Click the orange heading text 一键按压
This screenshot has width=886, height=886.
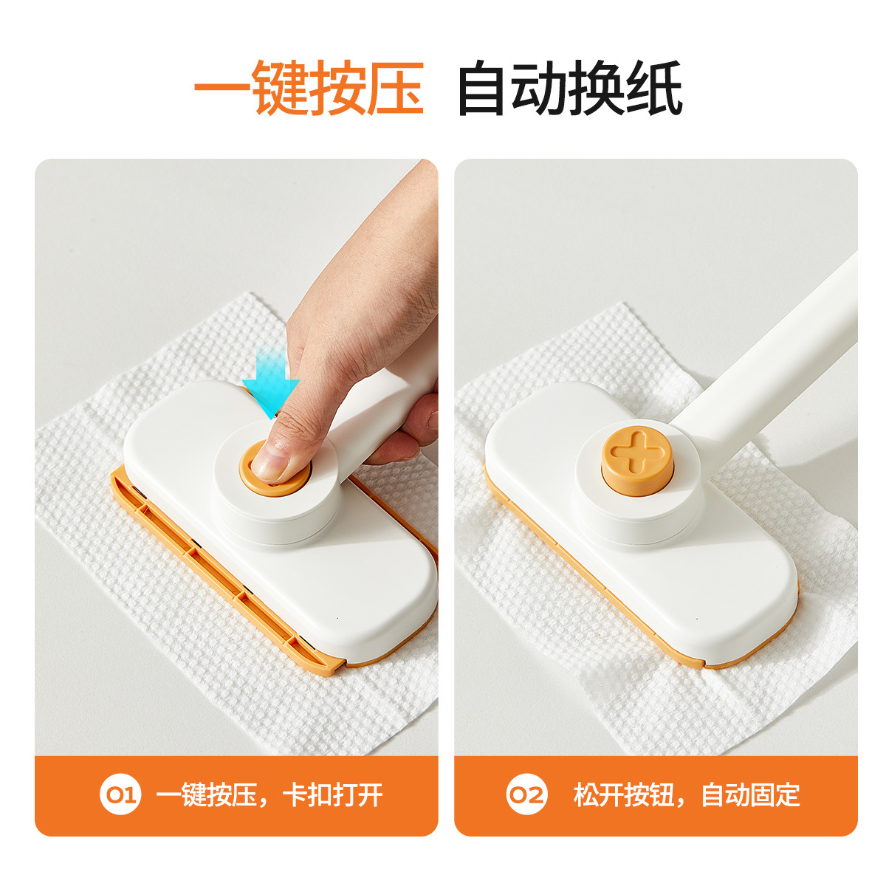[309, 88]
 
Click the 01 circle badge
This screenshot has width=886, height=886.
[120, 795]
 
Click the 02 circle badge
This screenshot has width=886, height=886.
[527, 795]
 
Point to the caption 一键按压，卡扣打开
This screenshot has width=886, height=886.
[270, 795]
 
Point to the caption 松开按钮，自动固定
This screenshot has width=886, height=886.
[687, 795]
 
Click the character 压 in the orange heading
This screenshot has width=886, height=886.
[396, 88]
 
